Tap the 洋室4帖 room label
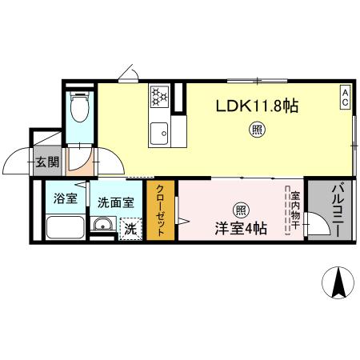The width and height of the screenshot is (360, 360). [x=240, y=228]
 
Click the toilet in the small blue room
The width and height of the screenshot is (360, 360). [x=79, y=103]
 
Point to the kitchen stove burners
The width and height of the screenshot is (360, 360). [x=158, y=98]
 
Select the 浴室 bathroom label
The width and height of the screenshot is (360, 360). [x=65, y=198]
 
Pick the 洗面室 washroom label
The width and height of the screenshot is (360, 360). [x=114, y=203]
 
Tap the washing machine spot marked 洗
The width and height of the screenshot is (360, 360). [x=130, y=229]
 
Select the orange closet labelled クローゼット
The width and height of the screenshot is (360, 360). [x=160, y=210]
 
